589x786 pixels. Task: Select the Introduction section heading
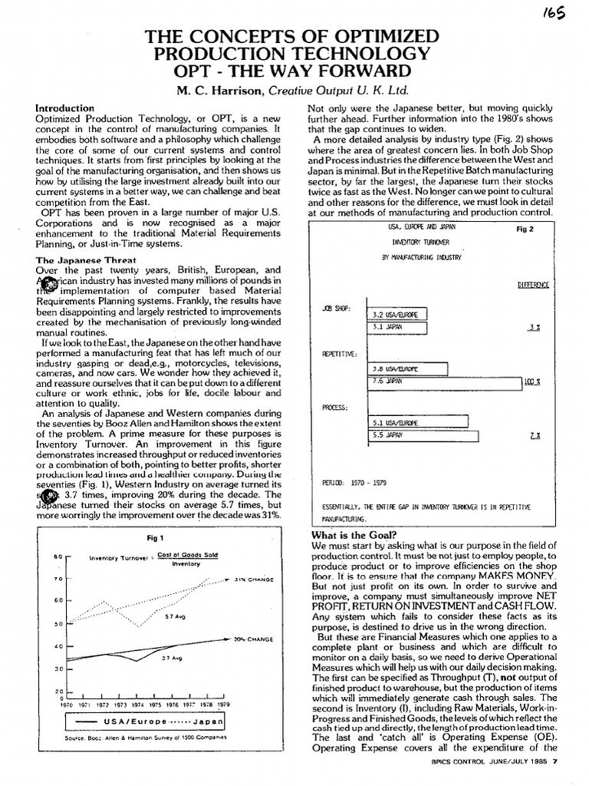point(65,109)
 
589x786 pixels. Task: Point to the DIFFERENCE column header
point(533,284)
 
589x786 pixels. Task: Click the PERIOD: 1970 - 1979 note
point(355,484)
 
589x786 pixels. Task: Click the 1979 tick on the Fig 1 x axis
point(222,704)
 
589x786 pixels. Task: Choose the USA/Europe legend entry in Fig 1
point(120,722)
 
